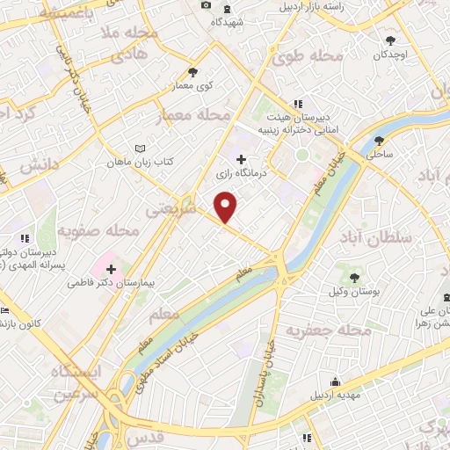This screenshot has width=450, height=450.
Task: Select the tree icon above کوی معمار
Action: pyautogui.click(x=192, y=73)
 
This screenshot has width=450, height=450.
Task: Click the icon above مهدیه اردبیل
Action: pyautogui.click(x=335, y=381)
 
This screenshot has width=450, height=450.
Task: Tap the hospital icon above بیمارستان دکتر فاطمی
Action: pyautogui.click(x=111, y=269)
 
